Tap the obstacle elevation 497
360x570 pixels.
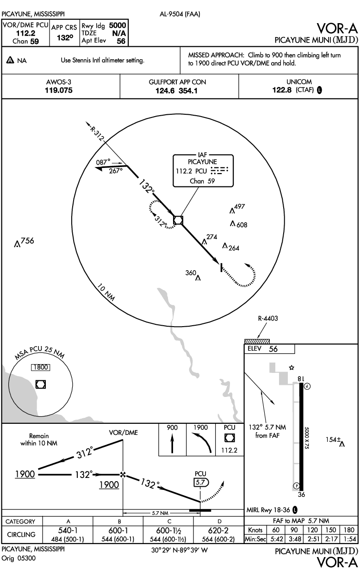click(x=239, y=206)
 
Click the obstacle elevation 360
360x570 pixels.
click(x=191, y=273)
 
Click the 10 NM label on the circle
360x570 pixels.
click(x=107, y=292)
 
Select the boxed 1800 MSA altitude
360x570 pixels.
click(x=40, y=367)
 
